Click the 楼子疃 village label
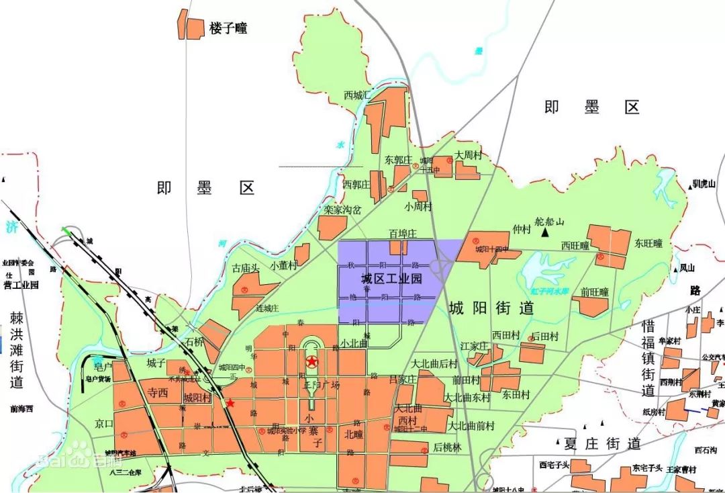pyautogui.click(x=228, y=28)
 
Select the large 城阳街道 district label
pyautogui.click(x=491, y=308)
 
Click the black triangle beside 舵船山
pyautogui.click(x=548, y=232)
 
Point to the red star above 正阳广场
pyautogui.click(x=312, y=362)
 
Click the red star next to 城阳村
pyautogui.click(x=230, y=403)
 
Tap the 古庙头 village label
pyautogui.click(x=245, y=269)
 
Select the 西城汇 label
pyautogui.click(x=356, y=95)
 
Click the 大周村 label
pyautogui.click(x=469, y=155)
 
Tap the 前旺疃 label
pyautogui.click(x=595, y=292)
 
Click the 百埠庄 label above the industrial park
pyautogui.click(x=403, y=234)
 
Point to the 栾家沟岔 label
pyautogui.click(x=342, y=210)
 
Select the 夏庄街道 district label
pyautogui.click(x=602, y=443)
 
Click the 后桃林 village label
pyautogui.click(x=447, y=447)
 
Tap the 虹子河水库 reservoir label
pyautogui.click(x=550, y=291)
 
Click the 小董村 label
pyautogui.click(x=283, y=265)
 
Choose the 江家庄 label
pyautogui.click(x=473, y=346)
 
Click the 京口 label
pyautogui.click(x=104, y=424)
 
